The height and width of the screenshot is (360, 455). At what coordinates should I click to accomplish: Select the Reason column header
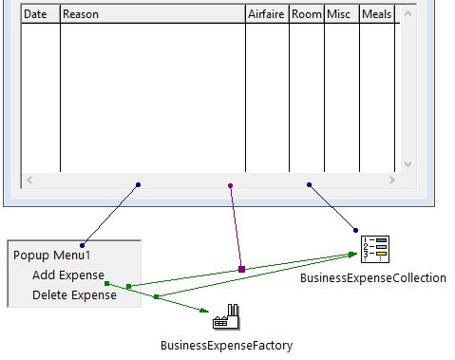(152, 14)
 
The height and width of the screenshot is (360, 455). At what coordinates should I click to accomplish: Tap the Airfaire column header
(267, 14)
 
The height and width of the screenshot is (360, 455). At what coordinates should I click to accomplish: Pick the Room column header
(307, 14)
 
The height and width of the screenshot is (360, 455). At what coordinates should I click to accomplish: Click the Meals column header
(377, 14)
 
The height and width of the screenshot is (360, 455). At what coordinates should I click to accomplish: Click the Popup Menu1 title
(51, 255)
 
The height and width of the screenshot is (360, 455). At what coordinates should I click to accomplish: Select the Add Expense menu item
(68, 275)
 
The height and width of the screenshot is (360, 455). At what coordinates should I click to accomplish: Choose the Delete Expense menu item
(74, 294)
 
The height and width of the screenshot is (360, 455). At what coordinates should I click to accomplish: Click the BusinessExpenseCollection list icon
(374, 249)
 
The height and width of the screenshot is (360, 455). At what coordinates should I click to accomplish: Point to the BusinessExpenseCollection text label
(372, 278)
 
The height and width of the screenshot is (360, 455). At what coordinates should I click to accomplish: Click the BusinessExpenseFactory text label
(226, 346)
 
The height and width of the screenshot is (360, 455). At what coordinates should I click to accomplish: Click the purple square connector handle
(242, 270)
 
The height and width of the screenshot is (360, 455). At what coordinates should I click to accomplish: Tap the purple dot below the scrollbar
(230, 186)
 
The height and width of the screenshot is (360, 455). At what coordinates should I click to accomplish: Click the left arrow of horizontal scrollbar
(29, 179)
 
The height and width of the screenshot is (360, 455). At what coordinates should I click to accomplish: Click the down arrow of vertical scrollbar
(408, 164)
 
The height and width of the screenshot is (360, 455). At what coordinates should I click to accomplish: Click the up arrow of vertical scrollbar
(408, 14)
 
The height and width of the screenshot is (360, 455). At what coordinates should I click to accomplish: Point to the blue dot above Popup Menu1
(83, 246)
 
